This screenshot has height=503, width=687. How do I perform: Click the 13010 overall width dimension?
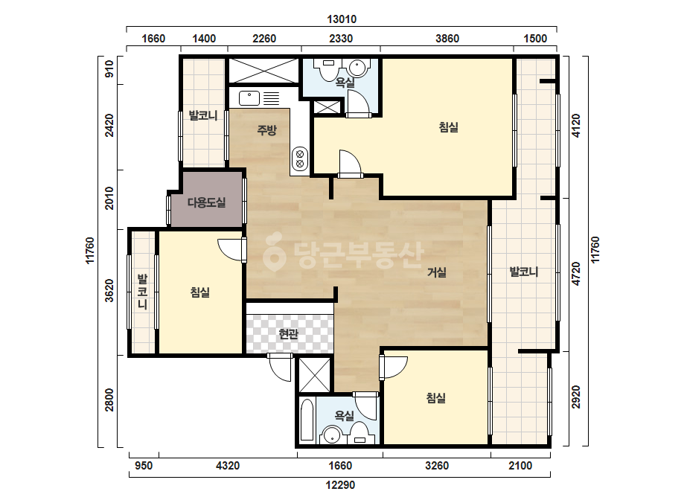point(342,19)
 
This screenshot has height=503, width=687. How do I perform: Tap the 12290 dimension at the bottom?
point(340,485)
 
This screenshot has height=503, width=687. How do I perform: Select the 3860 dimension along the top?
point(447,39)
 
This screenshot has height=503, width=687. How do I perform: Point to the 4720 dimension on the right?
point(577,274)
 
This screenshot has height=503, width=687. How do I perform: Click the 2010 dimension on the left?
point(109,199)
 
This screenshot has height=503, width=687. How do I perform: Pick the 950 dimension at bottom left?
point(144,465)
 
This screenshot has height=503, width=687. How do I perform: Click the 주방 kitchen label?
point(266,129)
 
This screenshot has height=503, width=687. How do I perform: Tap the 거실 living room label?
point(437,272)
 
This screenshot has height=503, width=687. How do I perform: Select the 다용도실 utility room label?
point(206,202)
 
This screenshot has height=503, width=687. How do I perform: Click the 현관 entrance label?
point(289,334)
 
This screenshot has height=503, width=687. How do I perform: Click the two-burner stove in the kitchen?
point(300,158)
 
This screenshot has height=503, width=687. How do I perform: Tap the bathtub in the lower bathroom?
point(307,420)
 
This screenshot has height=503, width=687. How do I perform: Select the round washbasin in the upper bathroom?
point(357,68)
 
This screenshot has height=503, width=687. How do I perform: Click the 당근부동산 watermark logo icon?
point(274,251)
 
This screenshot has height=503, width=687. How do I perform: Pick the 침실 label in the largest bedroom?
point(449,127)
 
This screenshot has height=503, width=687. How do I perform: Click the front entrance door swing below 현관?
point(280,367)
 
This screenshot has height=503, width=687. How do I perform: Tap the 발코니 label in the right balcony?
point(524,272)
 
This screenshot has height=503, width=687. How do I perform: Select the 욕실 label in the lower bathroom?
point(345,415)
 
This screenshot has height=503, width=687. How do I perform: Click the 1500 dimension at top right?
point(535,39)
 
